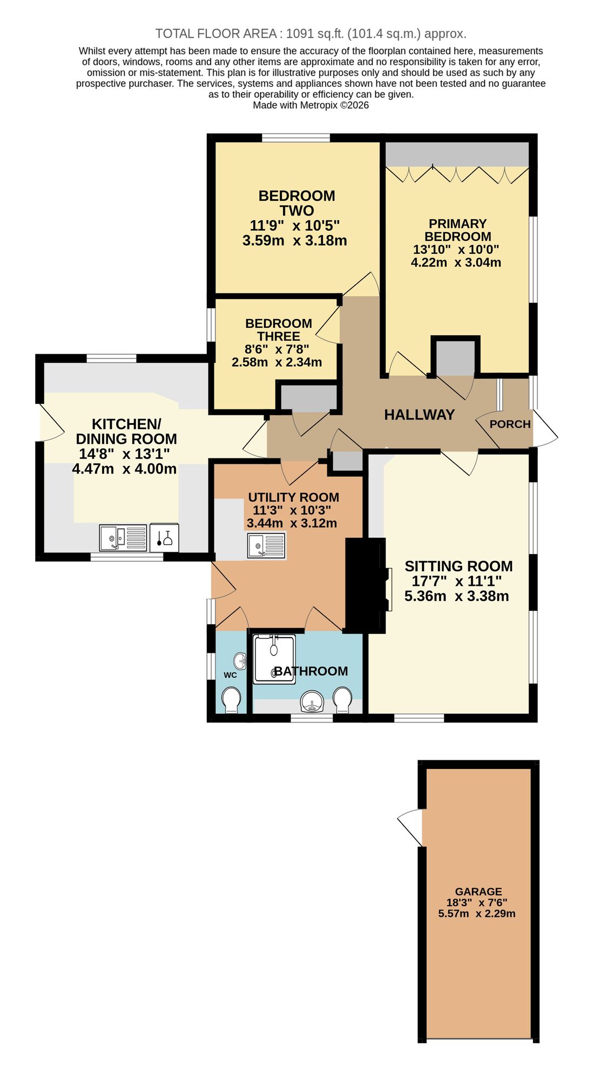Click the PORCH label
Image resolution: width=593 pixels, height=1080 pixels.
point(510,424)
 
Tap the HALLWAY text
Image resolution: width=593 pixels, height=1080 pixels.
point(419,415)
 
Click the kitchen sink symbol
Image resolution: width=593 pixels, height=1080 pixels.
point(123,538)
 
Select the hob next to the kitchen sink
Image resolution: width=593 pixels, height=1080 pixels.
point(164,538)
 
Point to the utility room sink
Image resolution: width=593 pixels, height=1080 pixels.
point(266,545)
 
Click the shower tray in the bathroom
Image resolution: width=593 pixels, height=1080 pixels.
point(274,659)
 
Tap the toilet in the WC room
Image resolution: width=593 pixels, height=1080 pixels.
point(232,699)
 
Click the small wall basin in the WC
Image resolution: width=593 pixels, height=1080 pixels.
point(240,660)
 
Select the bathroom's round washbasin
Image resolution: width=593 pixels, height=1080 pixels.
point(312,702)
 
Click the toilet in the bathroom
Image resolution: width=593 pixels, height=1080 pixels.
point(342,698)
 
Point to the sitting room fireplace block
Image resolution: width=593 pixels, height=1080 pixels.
point(365,585)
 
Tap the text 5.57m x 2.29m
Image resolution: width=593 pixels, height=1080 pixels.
point(476,914)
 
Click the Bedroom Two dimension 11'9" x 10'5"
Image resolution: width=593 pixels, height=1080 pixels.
point(294,225)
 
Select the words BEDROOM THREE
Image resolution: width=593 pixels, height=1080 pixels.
point(279,329)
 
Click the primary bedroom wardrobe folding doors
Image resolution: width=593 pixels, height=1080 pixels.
point(457,174)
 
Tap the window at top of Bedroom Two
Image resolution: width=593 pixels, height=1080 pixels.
point(296,138)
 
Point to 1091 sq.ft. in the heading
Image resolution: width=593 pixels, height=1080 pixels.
point(315,33)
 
